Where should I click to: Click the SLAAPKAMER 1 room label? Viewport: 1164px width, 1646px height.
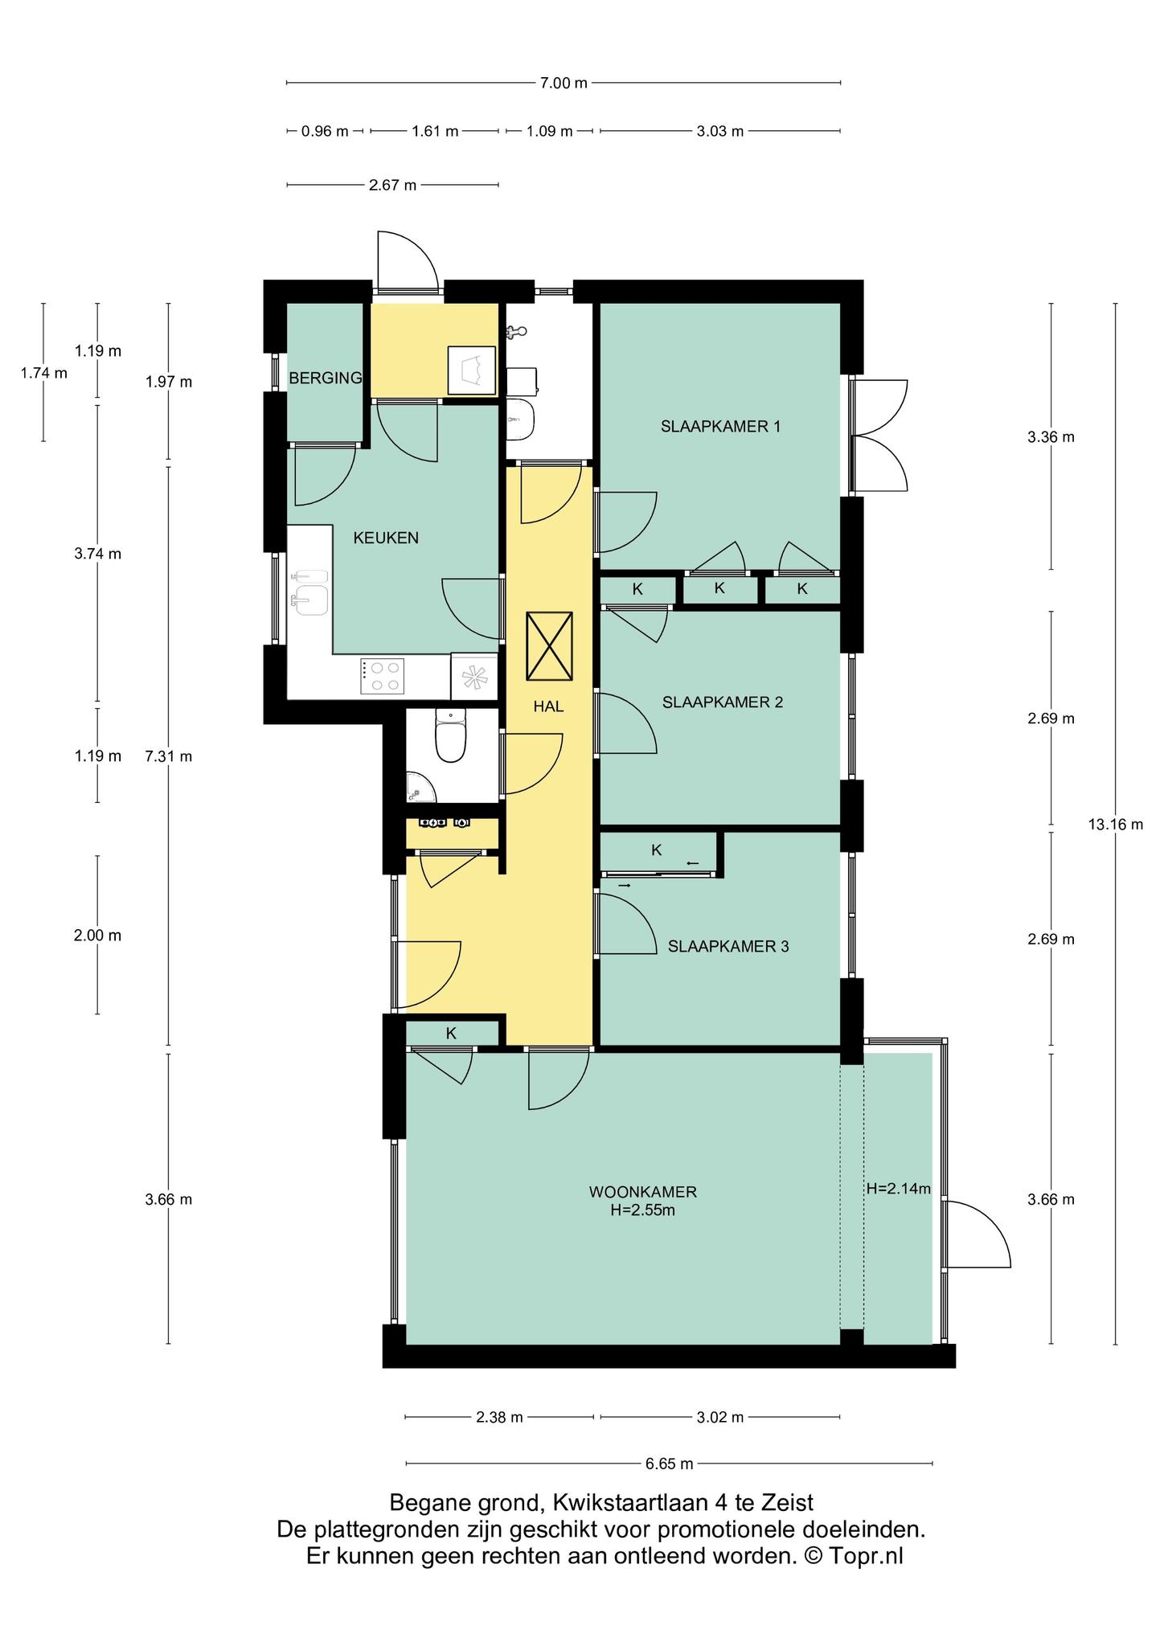[720, 427]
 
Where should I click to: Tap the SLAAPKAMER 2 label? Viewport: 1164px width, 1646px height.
[723, 702]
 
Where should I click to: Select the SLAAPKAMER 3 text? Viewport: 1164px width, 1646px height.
[728, 947]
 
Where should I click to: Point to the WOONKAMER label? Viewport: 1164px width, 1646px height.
[642, 1192]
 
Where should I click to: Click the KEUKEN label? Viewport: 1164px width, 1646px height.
[386, 538]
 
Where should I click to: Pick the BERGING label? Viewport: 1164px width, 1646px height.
[326, 378]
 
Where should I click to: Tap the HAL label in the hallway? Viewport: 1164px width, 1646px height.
[549, 707]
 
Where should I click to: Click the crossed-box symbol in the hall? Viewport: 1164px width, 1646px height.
[549, 645]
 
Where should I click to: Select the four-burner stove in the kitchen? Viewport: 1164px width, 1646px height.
[382, 675]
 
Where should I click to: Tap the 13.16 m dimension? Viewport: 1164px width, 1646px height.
[1115, 824]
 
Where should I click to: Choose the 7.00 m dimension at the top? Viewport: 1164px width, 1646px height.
[564, 82]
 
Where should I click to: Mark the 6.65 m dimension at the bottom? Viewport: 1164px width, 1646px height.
[669, 1464]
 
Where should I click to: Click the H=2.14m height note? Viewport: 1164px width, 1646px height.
[899, 1189]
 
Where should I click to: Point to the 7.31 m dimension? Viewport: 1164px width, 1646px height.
[168, 756]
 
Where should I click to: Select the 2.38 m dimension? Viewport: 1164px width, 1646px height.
[499, 1417]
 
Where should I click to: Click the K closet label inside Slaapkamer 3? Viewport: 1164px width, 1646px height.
[657, 850]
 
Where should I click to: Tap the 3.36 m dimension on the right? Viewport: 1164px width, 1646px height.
[1051, 437]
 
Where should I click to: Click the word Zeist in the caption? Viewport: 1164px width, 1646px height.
[787, 1502]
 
